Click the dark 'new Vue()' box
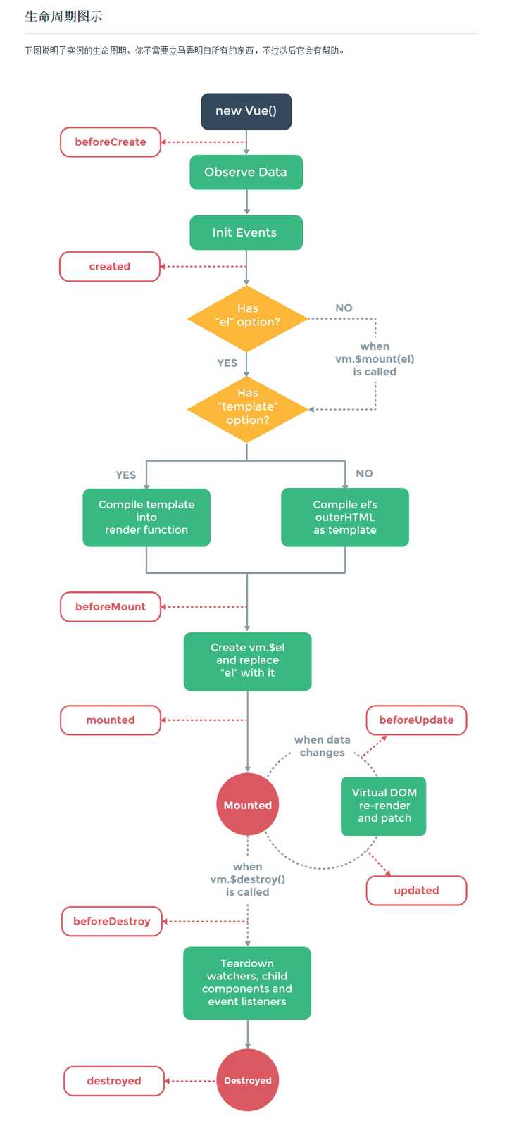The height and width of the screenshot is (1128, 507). [x=246, y=111]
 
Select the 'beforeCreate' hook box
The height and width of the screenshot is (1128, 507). [x=111, y=142]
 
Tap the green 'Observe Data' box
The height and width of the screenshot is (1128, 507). [x=246, y=173]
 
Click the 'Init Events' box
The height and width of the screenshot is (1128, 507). [x=246, y=232]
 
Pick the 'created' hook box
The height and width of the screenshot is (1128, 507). [x=110, y=266]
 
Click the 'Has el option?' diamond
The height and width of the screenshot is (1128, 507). [x=247, y=319]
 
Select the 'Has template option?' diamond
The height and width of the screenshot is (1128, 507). [x=247, y=409]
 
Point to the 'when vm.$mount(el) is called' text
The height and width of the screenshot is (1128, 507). [x=375, y=359]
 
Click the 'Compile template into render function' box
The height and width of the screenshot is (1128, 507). [x=146, y=517]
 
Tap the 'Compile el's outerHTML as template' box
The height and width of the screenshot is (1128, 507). [x=345, y=517]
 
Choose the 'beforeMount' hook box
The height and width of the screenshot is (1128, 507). [x=111, y=607]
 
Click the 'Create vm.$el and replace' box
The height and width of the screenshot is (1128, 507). [x=248, y=661]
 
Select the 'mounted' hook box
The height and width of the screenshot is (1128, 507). [x=111, y=720]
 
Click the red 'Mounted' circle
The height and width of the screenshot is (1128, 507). [x=248, y=805]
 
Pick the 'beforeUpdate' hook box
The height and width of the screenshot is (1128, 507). [x=416, y=720]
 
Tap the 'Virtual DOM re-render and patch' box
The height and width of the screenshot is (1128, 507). [x=384, y=806]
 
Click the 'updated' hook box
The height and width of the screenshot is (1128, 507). [x=416, y=890]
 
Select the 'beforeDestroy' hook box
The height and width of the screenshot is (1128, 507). [x=112, y=921]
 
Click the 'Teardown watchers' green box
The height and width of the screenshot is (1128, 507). [x=247, y=983]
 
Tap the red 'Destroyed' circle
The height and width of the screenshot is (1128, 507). [x=248, y=1080]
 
